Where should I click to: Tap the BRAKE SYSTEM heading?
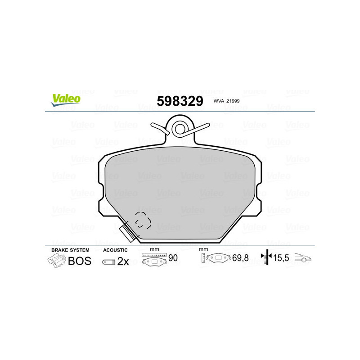[x=70, y=250]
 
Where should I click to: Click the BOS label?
[x=80, y=261]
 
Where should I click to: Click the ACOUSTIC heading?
[x=115, y=250]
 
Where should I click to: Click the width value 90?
[x=172, y=257]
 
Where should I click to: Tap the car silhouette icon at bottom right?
[x=304, y=258]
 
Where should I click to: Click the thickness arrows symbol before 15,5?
[x=267, y=257]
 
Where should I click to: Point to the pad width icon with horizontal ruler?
[x=154, y=259]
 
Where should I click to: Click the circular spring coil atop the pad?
[x=180, y=128]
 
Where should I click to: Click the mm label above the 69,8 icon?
[x=203, y=249]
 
